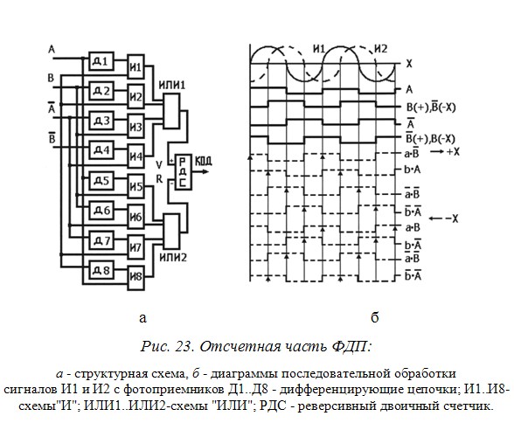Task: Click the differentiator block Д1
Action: (x=101, y=61)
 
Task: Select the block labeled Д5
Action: (x=101, y=181)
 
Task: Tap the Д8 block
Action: (x=101, y=270)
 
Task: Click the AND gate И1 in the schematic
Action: (x=135, y=66)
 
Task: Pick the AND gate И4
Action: (x=135, y=156)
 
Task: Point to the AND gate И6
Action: (x=135, y=217)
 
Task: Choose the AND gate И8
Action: (x=135, y=277)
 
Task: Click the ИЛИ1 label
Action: (x=171, y=85)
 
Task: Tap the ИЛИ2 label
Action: (x=173, y=258)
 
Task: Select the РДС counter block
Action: (x=184, y=171)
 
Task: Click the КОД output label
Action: (x=204, y=161)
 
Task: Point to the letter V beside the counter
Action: (x=159, y=164)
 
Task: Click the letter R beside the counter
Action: (x=159, y=179)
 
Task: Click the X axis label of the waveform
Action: (x=409, y=64)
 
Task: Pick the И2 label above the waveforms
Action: (x=380, y=49)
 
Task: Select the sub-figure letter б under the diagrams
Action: (x=375, y=316)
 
